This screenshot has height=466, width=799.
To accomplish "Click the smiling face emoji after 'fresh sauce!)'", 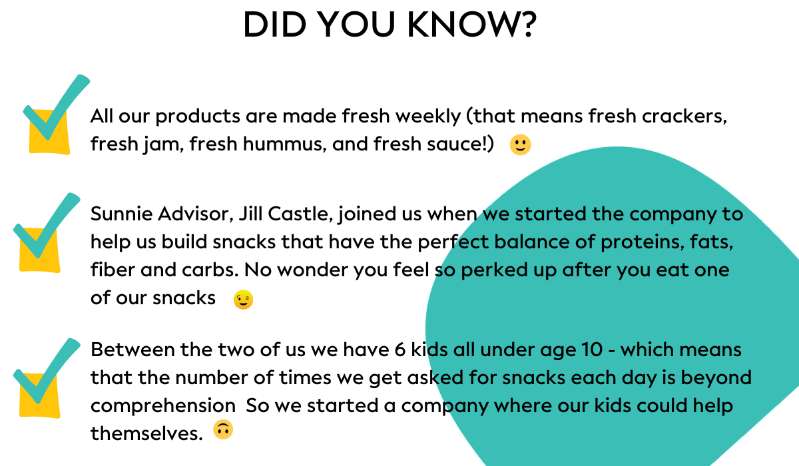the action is (521, 144).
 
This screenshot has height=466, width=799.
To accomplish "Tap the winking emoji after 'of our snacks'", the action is (243, 300).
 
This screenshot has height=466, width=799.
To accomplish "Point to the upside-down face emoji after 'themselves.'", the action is (223, 429).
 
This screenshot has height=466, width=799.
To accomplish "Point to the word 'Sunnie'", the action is (121, 214).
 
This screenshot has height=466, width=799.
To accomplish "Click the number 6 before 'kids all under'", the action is (400, 349).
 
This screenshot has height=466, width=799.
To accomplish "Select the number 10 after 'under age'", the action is (591, 349).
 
